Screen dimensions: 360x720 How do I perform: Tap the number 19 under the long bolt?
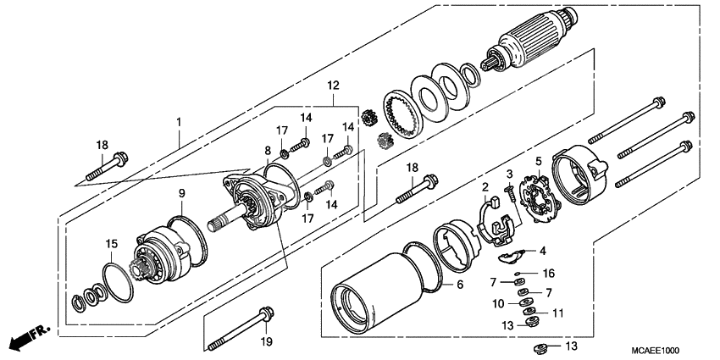tap(266, 341)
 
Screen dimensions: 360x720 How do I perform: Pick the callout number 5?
tap(537, 161)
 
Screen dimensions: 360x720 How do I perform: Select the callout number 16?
tap(548, 274)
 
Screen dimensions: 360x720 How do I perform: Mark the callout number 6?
tap(459, 285)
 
